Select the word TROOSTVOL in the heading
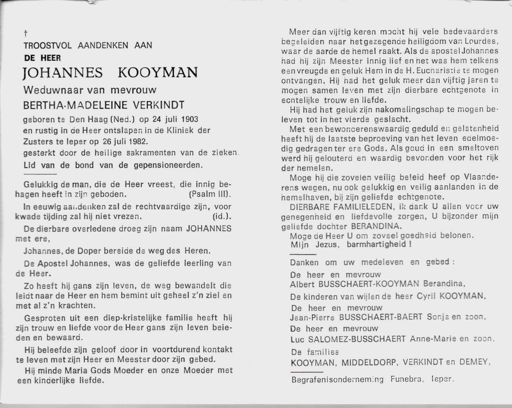pos(47,46)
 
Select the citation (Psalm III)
pos(210,194)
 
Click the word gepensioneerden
pos(168,165)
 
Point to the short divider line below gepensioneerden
pos(40,174)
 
